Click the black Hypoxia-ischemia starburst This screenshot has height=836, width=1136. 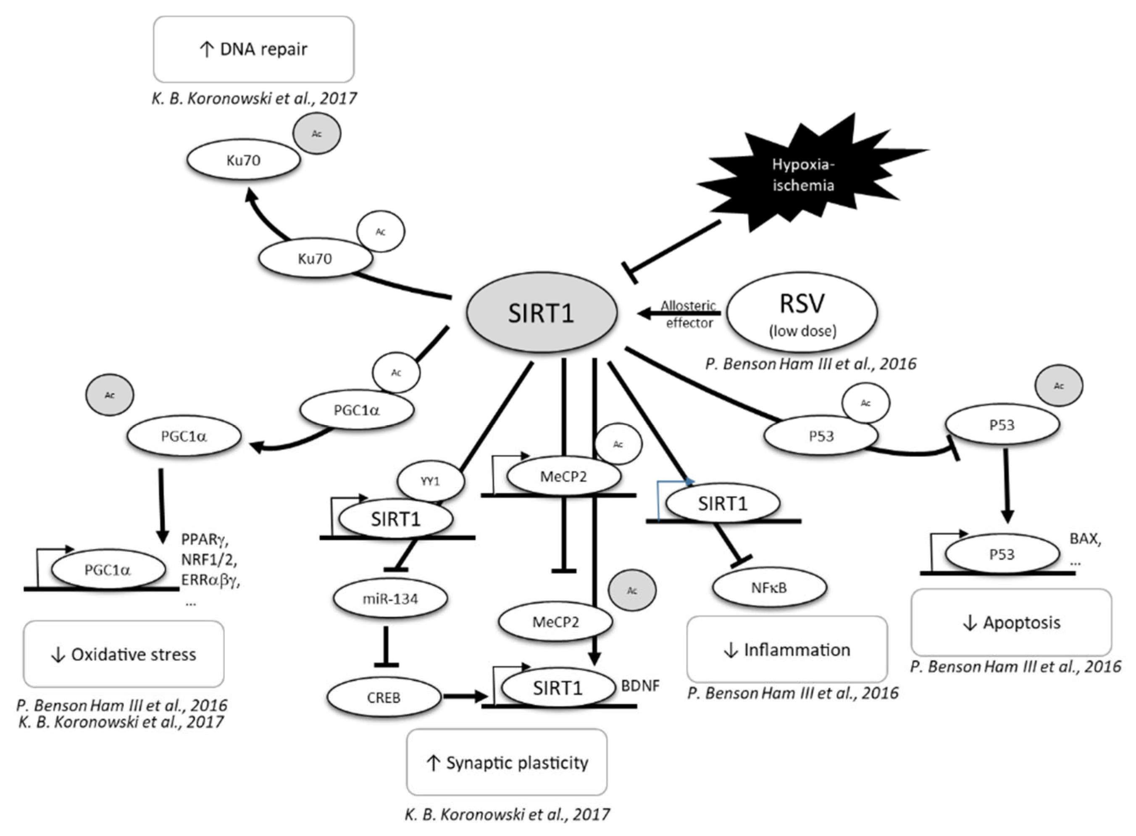point(803,175)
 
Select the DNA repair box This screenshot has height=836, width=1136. point(254,49)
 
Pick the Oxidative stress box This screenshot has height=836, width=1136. point(124,654)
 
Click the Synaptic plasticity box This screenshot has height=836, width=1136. point(507,762)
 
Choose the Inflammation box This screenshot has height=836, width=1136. point(787,649)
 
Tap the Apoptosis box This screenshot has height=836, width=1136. point(1011,622)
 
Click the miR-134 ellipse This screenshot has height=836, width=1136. point(390,599)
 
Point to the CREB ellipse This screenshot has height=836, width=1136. point(384,697)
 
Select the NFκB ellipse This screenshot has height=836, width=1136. point(769,587)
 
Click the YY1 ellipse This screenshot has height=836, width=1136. point(430,481)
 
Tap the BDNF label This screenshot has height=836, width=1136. point(640,686)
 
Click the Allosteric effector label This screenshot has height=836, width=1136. point(689,314)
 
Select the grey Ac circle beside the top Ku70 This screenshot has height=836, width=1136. point(317,134)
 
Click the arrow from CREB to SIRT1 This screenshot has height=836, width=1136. point(465,697)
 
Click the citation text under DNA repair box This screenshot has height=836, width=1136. point(254,98)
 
